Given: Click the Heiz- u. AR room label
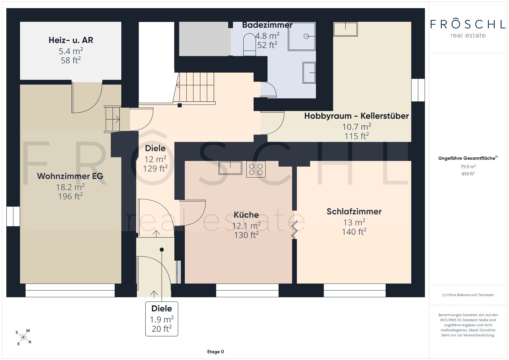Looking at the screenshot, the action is tap(71, 40).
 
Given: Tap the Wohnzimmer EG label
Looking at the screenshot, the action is tap(70, 176).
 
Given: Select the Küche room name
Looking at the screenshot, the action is tap(246, 215).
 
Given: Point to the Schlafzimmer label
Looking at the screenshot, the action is tap(354, 212).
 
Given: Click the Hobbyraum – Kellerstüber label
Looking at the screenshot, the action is tap(357, 116).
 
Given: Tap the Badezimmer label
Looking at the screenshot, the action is tap(267, 25).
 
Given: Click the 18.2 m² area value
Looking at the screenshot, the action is tap(70, 187).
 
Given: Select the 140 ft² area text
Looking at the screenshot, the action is tap(354, 232).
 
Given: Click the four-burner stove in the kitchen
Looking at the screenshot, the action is tap(256, 169).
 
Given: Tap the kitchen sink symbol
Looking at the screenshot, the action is tap(230, 168).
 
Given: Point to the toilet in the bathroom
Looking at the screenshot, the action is tap(250, 45).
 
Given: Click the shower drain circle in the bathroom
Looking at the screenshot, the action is tap(306, 36).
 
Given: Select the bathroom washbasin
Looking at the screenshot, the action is tap(309, 73).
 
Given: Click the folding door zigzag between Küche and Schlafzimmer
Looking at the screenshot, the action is tap(295, 230).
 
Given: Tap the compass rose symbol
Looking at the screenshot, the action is tap(23, 337).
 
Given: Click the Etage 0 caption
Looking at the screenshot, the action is tap(215, 352).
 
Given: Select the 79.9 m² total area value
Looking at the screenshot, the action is tap(468, 167).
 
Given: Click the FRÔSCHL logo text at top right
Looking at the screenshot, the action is tap(468, 24).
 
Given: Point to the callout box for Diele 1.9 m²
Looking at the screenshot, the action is tap(162, 319).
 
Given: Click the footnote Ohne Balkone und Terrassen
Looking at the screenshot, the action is tap(468, 295).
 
